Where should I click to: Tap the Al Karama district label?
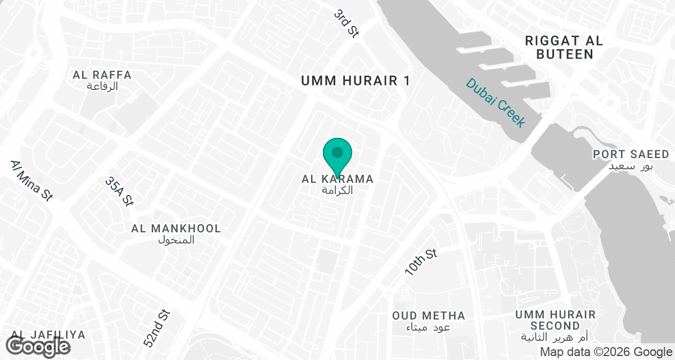coord(337,179)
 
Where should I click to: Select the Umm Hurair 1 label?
coord(355,81)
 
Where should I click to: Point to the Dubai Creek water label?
coord(495,102)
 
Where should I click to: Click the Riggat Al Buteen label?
coord(564,47)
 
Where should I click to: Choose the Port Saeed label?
coord(631,154)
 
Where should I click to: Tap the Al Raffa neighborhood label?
coord(102,75)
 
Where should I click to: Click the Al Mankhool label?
coord(176,229)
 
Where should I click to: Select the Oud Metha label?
coord(429,316)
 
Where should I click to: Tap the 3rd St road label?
coord(346,23)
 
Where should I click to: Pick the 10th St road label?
coord(421,262)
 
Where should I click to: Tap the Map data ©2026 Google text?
coord(605,352)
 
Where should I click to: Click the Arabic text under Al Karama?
coord(337,190)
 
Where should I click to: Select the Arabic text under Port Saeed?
coord(631,166)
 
